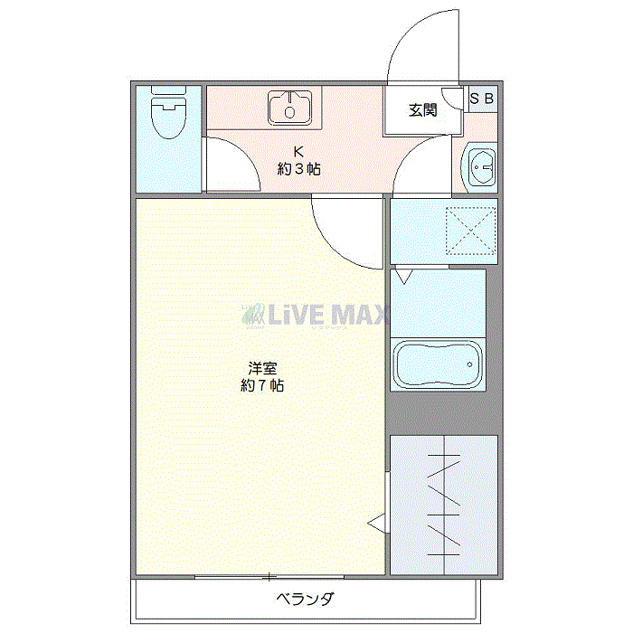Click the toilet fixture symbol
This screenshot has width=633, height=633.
[x=169, y=112]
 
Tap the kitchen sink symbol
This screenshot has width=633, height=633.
[x=290, y=107]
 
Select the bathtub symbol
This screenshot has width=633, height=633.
[x=438, y=364]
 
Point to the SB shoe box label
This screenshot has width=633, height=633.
[x=482, y=98]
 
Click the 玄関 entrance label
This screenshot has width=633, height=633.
[x=422, y=109]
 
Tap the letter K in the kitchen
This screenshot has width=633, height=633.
[x=298, y=151]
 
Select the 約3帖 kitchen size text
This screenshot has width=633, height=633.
[x=298, y=169]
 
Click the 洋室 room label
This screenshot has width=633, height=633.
[x=262, y=368]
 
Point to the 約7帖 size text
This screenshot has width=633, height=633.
[x=262, y=385]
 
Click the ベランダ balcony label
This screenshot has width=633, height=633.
[x=306, y=599]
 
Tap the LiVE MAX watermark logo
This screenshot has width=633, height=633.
[x=315, y=315]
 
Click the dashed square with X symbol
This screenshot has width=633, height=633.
[x=471, y=231]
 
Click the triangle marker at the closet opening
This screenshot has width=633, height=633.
[x=377, y=524]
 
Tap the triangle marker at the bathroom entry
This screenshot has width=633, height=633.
[x=403, y=276]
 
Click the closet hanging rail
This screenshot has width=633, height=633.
[x=444, y=505]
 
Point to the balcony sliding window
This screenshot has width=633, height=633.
[x=269, y=577]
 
